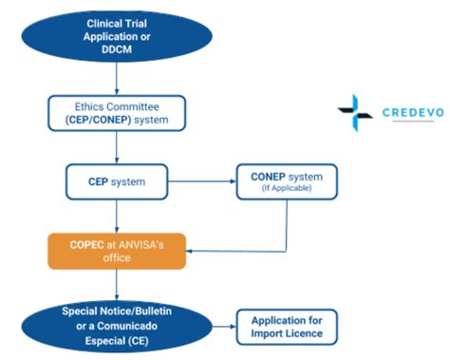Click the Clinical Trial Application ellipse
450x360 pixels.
coord(116,36)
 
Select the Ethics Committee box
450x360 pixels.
coord(117,113)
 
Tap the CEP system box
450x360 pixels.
coord(116,181)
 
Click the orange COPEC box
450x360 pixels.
coord(116,251)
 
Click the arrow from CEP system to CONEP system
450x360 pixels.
coord(202,181)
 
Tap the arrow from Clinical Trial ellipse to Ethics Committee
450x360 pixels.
coord(117,80)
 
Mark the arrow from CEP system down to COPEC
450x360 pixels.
coord(116,215)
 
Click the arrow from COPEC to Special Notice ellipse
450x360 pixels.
coord(116,285)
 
